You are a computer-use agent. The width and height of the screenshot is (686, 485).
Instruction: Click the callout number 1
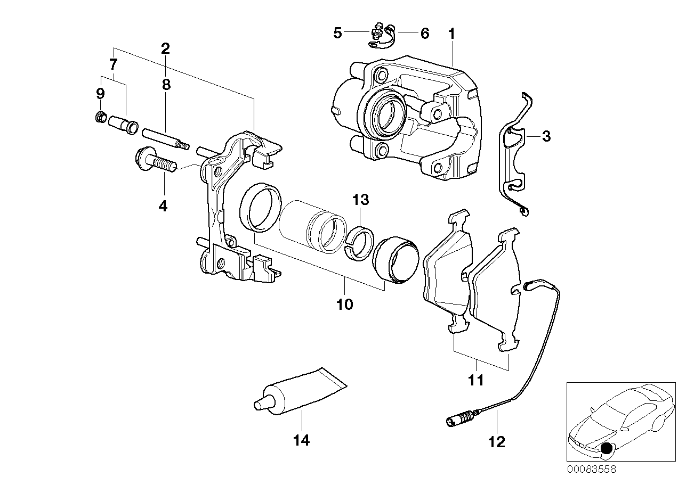[451, 34]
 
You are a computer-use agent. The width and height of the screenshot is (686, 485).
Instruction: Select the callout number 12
[496, 442]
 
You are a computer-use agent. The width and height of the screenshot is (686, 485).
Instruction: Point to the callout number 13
[360, 200]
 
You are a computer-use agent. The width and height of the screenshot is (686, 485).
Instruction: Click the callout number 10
[344, 305]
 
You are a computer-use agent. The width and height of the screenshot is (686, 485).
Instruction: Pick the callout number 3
[546, 136]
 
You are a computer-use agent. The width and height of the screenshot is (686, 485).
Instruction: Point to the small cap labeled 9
[99, 117]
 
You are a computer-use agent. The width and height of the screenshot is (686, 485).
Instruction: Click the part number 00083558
[591, 470]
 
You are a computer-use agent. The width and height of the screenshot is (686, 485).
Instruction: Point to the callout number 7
[112, 65]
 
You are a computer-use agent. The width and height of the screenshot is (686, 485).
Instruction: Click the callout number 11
[475, 381]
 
